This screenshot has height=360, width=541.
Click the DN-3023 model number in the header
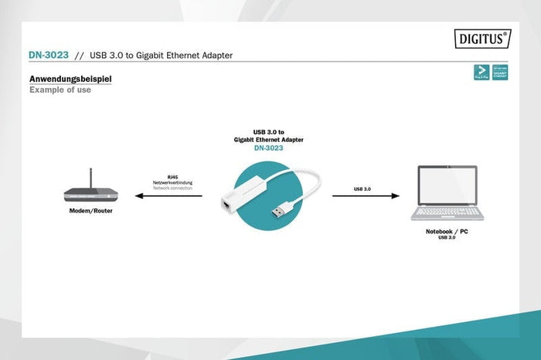click(x=48, y=56)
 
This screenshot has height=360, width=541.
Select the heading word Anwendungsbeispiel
click(x=70, y=79)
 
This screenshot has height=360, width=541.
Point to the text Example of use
click(x=60, y=90)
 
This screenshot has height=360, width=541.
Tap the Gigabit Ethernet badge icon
click(x=500, y=73)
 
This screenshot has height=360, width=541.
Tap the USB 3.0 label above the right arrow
click(x=362, y=188)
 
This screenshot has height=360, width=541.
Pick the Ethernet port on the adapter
click(x=224, y=206)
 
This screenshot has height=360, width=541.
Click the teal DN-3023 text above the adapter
click(x=267, y=148)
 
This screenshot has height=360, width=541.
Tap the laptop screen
click(x=447, y=186)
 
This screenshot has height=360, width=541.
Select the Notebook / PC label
click(x=447, y=232)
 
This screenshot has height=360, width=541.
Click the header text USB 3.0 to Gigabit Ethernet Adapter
click(x=162, y=56)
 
